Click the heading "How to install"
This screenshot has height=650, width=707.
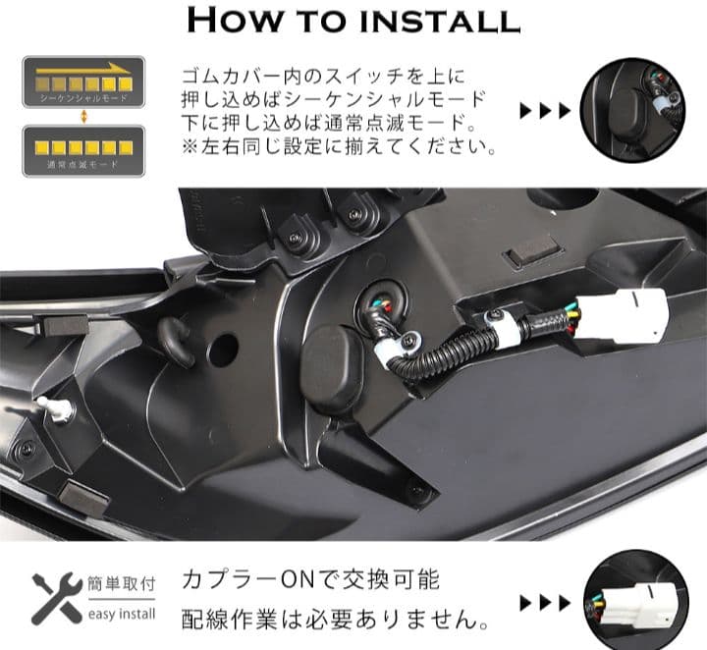353,22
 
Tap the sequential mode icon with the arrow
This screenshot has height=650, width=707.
83,82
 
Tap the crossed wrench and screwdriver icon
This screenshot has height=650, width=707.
56,599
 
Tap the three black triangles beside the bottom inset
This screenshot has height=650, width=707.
544,602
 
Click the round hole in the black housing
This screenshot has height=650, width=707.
223,349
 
